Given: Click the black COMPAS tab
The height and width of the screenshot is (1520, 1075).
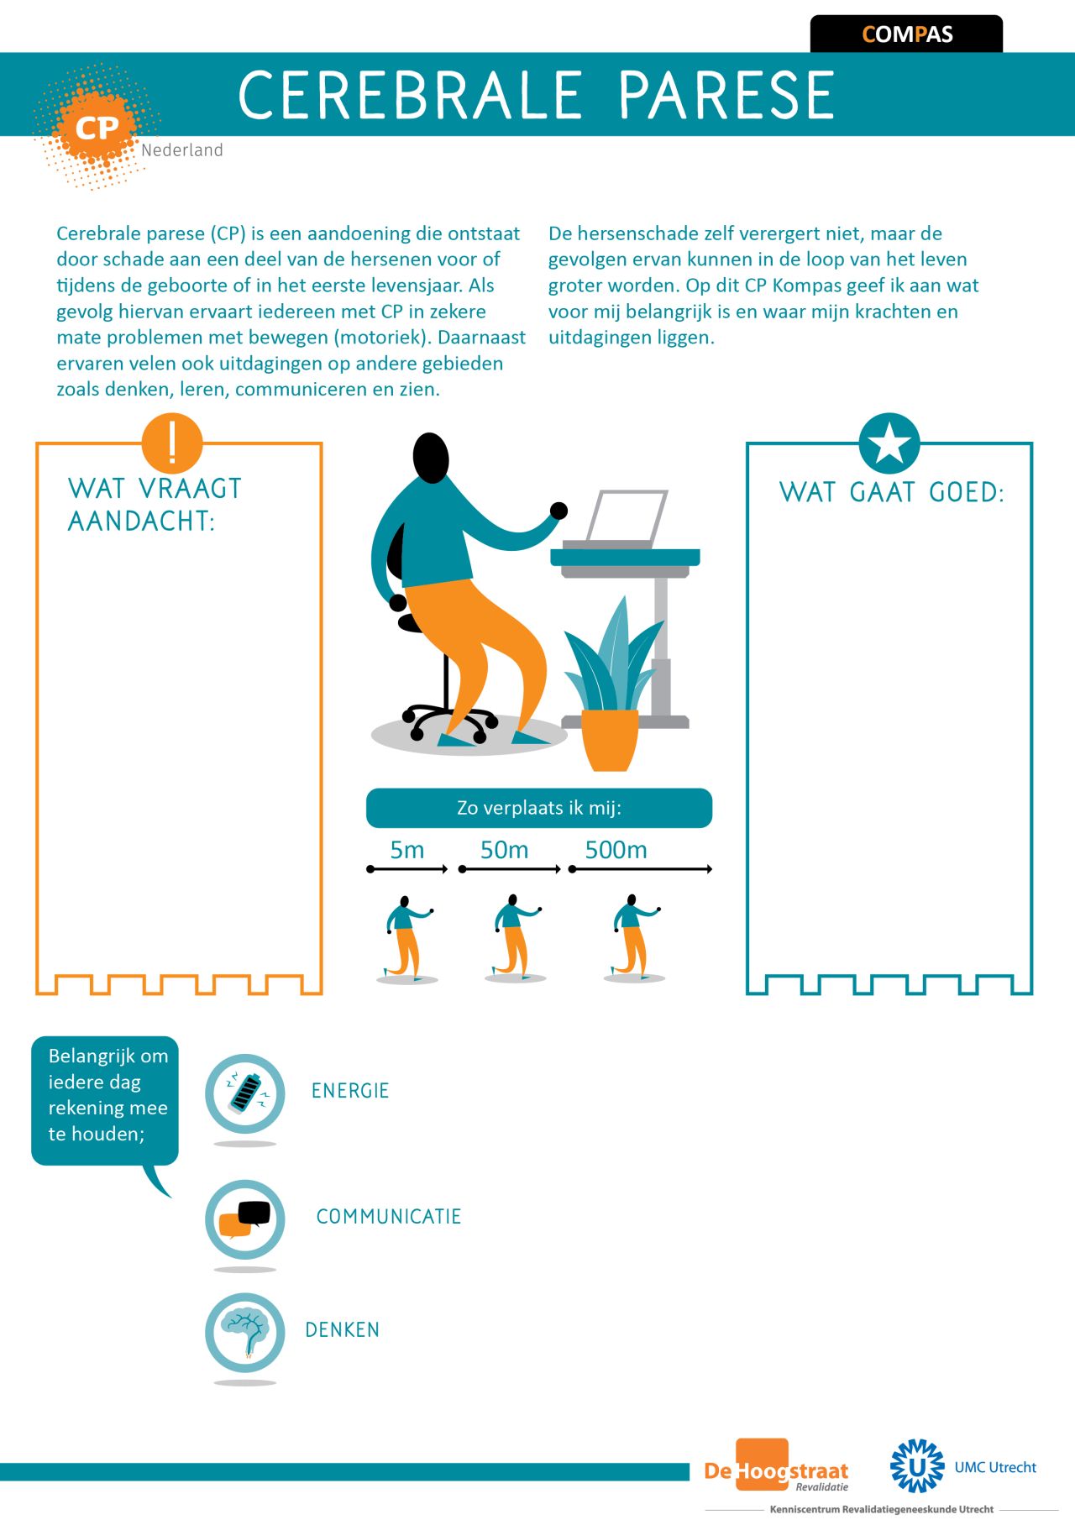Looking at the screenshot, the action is click(906, 34).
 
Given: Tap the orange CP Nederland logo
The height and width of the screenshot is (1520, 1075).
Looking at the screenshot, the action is click(97, 127).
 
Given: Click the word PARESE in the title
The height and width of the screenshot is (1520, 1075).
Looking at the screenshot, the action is click(726, 95).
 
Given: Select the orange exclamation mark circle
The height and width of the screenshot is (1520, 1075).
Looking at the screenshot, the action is click(172, 443).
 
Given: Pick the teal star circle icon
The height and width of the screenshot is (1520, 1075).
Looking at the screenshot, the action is click(889, 443).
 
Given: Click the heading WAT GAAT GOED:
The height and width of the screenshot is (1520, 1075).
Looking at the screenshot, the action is click(892, 492).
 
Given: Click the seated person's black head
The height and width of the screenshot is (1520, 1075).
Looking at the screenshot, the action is click(431, 458).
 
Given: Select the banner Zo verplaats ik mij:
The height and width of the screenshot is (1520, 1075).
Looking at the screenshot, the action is click(539, 808).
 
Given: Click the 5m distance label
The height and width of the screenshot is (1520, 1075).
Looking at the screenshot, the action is click(407, 850).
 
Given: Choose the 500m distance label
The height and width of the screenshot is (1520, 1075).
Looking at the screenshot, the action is click(616, 850).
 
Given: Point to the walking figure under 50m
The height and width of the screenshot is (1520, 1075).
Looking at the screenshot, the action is click(515, 938).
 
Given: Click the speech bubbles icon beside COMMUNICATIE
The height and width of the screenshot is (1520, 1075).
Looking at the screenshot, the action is click(245, 1219).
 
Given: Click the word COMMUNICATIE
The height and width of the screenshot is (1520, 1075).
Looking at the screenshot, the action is click(389, 1216).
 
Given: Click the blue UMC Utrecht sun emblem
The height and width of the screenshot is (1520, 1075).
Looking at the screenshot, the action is click(917, 1465).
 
